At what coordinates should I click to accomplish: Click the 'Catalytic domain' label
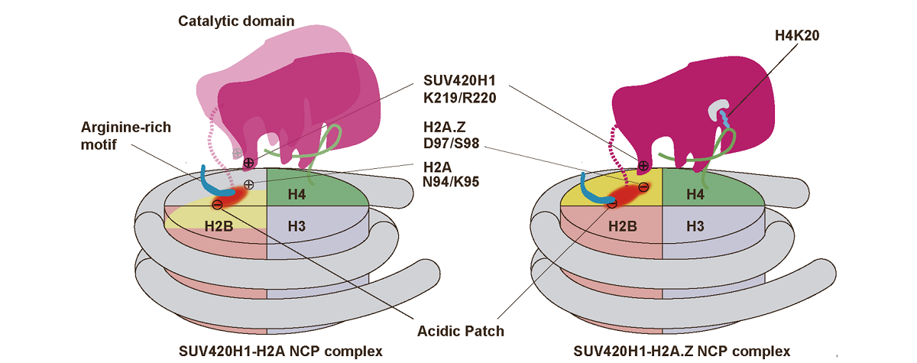[236, 21]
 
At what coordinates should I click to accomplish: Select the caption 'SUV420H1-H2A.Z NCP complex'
[682, 352]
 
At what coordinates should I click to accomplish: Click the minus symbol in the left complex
[217, 204]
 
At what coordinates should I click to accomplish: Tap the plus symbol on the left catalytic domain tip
[248, 163]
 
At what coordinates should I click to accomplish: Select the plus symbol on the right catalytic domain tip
[643, 165]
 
